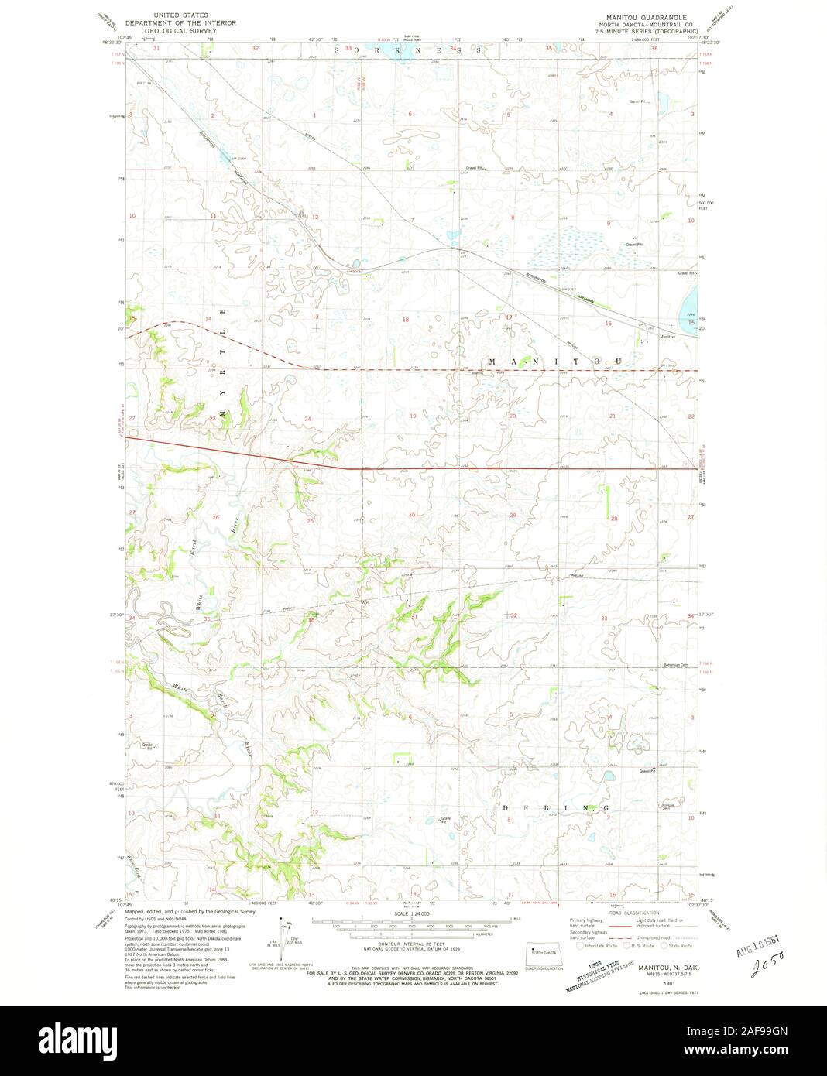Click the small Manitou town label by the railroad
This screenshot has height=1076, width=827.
(667, 337)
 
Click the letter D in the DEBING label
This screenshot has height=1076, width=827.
(507, 807)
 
